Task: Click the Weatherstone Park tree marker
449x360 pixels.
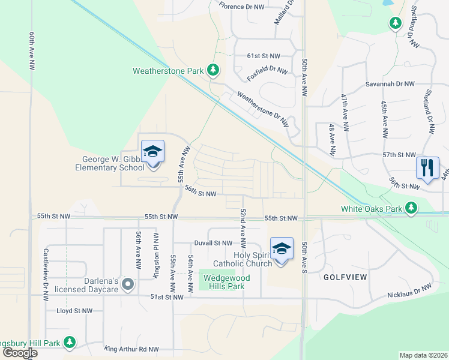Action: point(212,71)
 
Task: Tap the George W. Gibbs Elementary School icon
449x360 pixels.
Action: point(152,152)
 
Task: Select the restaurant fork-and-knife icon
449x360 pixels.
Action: point(427,167)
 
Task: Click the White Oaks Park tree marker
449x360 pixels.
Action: point(411,209)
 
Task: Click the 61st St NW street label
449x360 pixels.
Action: point(264,56)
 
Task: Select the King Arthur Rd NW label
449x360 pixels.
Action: point(131,349)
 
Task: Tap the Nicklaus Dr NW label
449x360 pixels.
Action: point(409,292)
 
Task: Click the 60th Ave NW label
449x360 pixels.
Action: point(31,52)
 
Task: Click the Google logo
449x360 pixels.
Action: point(19,353)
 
